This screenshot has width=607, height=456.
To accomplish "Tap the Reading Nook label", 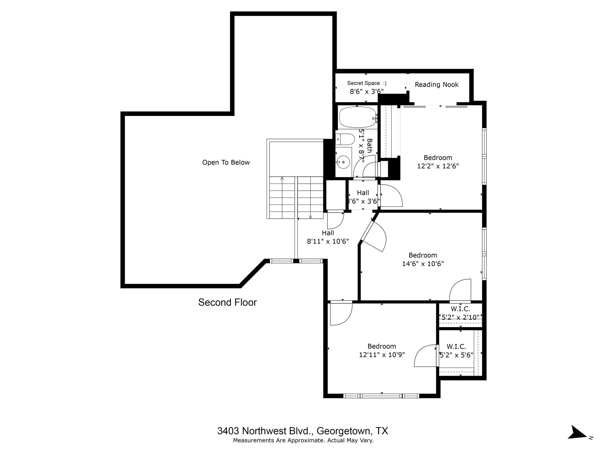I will [436, 85].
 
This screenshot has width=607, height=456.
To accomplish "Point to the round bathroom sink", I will [343, 162].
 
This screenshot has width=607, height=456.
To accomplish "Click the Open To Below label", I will [226, 162].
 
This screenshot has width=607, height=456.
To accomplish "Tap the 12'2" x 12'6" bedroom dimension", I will [438, 166].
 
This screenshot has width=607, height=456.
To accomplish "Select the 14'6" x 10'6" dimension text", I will [423, 264].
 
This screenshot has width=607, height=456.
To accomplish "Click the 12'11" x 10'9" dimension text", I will [382, 354].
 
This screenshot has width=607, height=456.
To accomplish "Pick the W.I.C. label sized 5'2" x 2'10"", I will [460, 309].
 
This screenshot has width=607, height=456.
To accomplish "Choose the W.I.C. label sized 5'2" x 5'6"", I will [456, 346].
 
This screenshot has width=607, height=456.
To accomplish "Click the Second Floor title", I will [227, 302].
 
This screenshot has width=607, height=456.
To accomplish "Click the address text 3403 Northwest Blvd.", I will [303, 431].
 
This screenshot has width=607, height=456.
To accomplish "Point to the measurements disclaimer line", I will [303, 441].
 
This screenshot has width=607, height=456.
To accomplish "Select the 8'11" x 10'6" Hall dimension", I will [328, 241].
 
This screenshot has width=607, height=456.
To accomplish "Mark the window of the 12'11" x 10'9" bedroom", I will [381, 396].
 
